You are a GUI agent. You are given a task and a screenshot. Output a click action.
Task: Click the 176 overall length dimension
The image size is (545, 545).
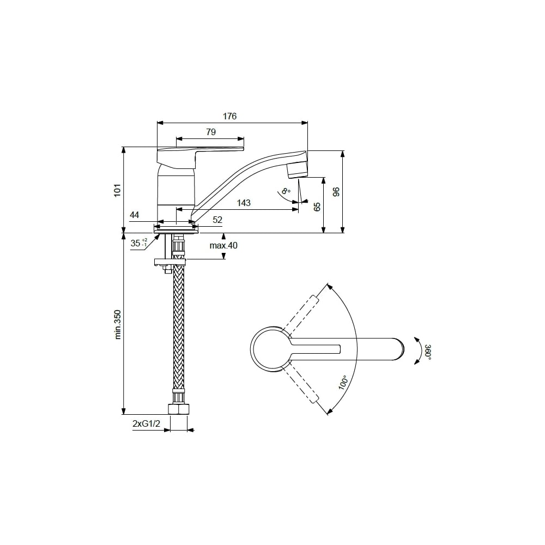(230, 116)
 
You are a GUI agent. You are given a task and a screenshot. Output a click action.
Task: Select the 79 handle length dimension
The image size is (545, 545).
(210, 132)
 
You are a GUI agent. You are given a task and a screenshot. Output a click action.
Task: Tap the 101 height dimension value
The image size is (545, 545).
(118, 190)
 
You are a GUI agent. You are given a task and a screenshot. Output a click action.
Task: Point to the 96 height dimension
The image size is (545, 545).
(336, 192)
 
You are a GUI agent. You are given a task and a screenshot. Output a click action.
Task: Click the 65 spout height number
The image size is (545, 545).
(317, 207)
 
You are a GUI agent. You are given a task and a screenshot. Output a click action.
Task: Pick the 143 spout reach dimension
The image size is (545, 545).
(244, 203)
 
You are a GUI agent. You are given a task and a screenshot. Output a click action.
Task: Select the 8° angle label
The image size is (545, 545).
(286, 191)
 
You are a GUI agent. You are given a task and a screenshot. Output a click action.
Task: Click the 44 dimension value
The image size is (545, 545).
(134, 215)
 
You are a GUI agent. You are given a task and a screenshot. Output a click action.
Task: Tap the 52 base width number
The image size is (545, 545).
(217, 220)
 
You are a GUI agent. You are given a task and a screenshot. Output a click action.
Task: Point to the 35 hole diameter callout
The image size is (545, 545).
(139, 243)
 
